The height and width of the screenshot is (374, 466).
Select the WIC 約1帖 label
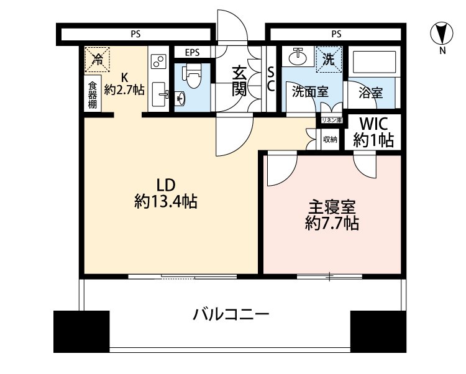coord(373,132)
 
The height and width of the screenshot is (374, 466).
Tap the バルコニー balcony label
coord(231,314)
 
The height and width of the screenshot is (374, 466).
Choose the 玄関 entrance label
coord(240,81)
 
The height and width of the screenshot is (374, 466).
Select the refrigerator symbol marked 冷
coord(98,59)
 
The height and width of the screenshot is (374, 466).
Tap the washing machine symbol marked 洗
coord(327,60)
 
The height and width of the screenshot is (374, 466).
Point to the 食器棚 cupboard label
coord(92,96)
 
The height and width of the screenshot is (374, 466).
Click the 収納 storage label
coord(330,140)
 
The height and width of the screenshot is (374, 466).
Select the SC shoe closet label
coord(271,80)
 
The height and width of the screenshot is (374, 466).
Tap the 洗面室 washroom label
coord(310,92)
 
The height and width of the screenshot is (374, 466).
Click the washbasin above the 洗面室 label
coord(299,57)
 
